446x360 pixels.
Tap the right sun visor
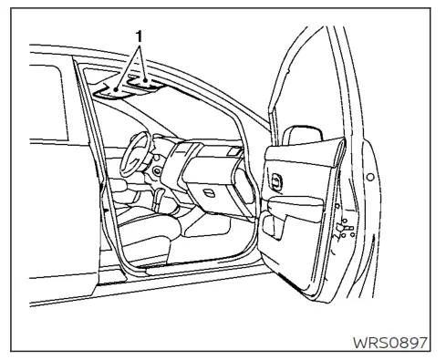tap(147, 83)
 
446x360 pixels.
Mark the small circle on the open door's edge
tap(368, 175)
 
